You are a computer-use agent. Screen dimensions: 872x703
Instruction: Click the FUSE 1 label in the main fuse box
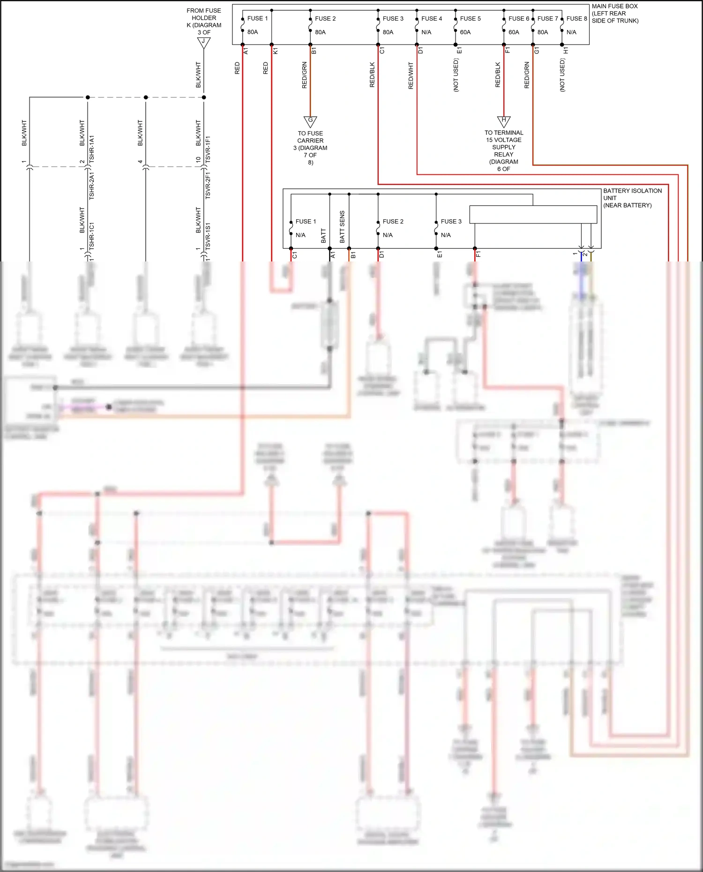257,18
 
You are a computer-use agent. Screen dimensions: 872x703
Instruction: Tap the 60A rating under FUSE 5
465,32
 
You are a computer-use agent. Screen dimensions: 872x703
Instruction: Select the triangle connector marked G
310,121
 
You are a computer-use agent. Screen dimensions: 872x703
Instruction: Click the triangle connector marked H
504,121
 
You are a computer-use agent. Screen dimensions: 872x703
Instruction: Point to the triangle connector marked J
203,42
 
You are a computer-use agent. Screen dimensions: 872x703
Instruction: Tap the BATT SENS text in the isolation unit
342,227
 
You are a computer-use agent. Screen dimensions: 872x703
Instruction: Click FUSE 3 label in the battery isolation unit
451,221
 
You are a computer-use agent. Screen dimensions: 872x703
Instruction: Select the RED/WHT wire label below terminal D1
411,76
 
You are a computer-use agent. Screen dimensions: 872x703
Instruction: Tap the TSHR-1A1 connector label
92,149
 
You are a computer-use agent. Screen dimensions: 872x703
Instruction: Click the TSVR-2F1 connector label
208,186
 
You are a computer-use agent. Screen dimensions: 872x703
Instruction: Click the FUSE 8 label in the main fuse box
576,18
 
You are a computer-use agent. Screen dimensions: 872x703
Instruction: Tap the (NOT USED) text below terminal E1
456,75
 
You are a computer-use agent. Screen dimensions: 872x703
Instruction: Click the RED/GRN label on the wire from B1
305,75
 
